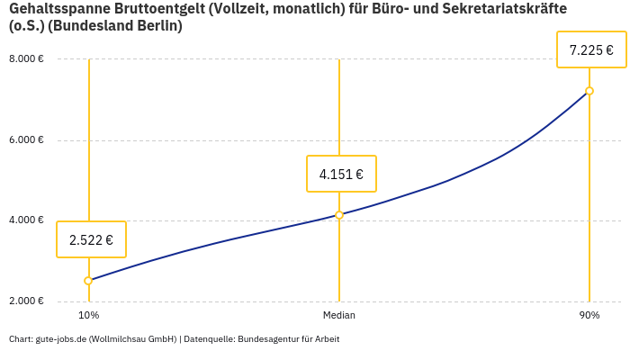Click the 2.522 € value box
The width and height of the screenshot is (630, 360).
(x=91, y=239)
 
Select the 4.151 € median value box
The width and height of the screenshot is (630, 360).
(x=341, y=174)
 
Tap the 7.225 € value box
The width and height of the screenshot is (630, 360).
(x=591, y=49)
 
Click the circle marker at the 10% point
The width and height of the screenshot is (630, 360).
(x=88, y=281)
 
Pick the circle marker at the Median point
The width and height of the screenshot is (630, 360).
(x=339, y=215)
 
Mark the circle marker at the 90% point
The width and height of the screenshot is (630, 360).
(x=589, y=91)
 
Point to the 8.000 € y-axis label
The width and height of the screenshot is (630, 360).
(x=26, y=59)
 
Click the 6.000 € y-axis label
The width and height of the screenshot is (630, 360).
(x=26, y=140)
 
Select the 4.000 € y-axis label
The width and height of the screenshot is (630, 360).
(x=26, y=220)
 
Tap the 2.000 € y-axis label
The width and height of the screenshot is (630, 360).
(x=26, y=301)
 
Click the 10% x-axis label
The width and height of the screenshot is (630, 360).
(x=88, y=316)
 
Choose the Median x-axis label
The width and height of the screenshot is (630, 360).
(x=339, y=316)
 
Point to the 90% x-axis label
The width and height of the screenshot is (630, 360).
(x=589, y=316)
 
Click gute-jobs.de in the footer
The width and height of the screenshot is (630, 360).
(x=60, y=339)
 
